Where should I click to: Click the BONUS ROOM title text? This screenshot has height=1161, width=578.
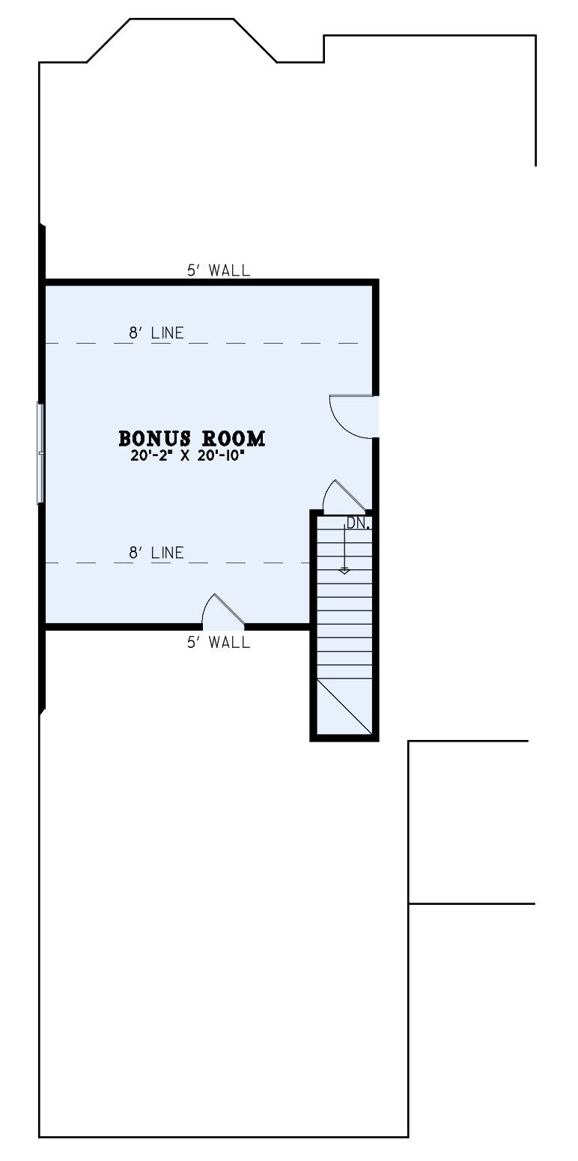pos(192,438)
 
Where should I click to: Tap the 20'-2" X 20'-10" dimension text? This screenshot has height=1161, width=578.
pos(187,457)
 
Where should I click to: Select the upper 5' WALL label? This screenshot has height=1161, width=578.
pos(219,270)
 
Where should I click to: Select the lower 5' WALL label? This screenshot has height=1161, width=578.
pos(219,643)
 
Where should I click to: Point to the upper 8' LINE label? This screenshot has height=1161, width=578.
pos(156,333)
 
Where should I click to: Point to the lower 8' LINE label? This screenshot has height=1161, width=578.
pos(156,553)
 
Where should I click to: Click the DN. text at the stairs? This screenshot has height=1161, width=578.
pos(359,523)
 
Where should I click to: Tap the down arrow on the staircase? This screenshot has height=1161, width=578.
pos(344,549)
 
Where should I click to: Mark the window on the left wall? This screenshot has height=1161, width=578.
pos(40,452)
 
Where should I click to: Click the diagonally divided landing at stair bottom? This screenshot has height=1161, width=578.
pos(344,706)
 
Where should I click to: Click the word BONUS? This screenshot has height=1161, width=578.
pos(154,438)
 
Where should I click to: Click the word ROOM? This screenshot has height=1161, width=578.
pos(233,438)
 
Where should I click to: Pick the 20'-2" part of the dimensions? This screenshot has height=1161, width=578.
pos(151,457)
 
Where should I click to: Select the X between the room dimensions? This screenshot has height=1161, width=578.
pos(184,457)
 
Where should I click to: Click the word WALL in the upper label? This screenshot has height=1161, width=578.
pos(229,270)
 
